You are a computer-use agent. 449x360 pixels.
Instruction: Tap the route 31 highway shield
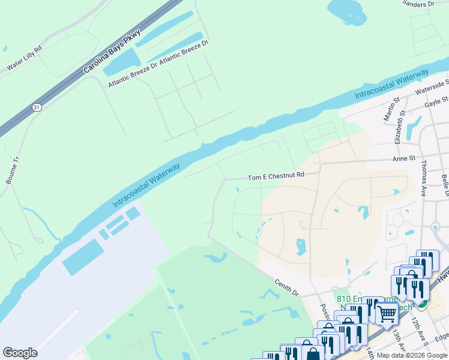[37, 107]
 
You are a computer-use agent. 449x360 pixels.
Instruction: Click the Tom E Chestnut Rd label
[276, 176]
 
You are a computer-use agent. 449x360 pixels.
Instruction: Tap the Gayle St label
[436, 101]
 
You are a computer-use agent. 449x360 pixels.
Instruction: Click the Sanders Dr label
[418, 4]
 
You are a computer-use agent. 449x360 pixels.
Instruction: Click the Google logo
[20, 353]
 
